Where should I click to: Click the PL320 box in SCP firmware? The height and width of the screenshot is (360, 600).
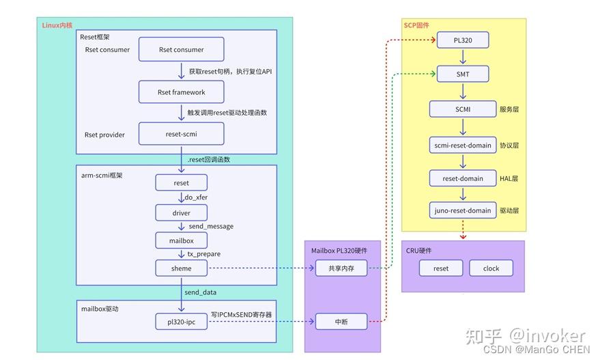coord(463,40)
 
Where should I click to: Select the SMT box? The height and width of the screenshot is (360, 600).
coord(463,74)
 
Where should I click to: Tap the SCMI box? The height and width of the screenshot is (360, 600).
coord(463,109)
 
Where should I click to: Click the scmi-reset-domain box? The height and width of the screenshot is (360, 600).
coord(463,145)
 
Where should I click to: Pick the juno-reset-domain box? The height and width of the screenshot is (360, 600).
coord(463,210)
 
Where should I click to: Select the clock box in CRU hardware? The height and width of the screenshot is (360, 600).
coord(491,268)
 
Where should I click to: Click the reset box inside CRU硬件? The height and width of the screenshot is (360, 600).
coord(441,268)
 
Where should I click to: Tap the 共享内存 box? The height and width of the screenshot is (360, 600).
coord(341,268)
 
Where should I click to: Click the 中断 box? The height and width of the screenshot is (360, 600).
coord(341,320)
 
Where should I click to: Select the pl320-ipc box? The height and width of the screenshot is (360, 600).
coord(182,320)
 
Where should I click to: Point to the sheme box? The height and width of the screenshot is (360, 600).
coord(182,268)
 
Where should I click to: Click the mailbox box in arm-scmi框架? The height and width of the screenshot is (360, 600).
coord(182,240)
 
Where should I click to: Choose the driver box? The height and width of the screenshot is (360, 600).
coord(182,213)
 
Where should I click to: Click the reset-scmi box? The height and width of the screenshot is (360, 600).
coord(182,134)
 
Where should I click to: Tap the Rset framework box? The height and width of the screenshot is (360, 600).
coord(182,92)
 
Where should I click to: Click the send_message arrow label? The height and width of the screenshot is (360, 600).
coord(211,226)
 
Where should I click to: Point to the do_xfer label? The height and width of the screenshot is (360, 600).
coord(197,198)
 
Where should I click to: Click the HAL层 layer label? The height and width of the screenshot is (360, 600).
coord(509,178)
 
